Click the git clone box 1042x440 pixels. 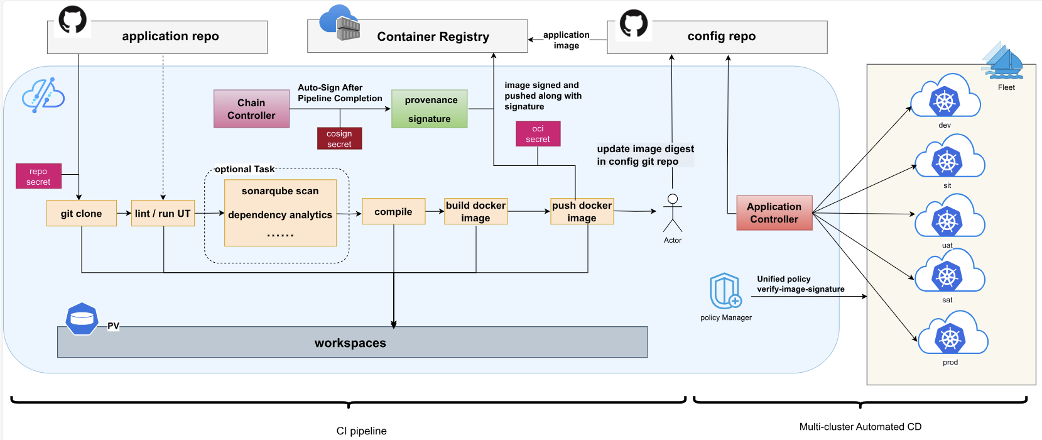pos(82,213)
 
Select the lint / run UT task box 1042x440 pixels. pos(163,213)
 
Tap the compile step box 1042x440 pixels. pos(393,211)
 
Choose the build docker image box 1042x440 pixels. pos(475,211)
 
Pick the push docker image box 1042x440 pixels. pos(582,211)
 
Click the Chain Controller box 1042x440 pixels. pos(251,109)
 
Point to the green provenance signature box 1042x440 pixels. pos(430,109)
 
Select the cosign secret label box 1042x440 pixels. pos(339,138)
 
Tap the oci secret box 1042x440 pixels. pos(538,134)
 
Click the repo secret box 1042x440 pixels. pos(38,176)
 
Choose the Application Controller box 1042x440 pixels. pos(774,212)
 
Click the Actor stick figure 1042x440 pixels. pos(673,214)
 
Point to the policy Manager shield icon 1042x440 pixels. pos(725,290)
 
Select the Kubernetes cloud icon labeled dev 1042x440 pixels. pos(945,99)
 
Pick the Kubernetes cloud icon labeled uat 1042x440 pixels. pos(948,219)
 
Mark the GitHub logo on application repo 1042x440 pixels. pos(72,20)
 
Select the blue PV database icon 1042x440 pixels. pos(82,319)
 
